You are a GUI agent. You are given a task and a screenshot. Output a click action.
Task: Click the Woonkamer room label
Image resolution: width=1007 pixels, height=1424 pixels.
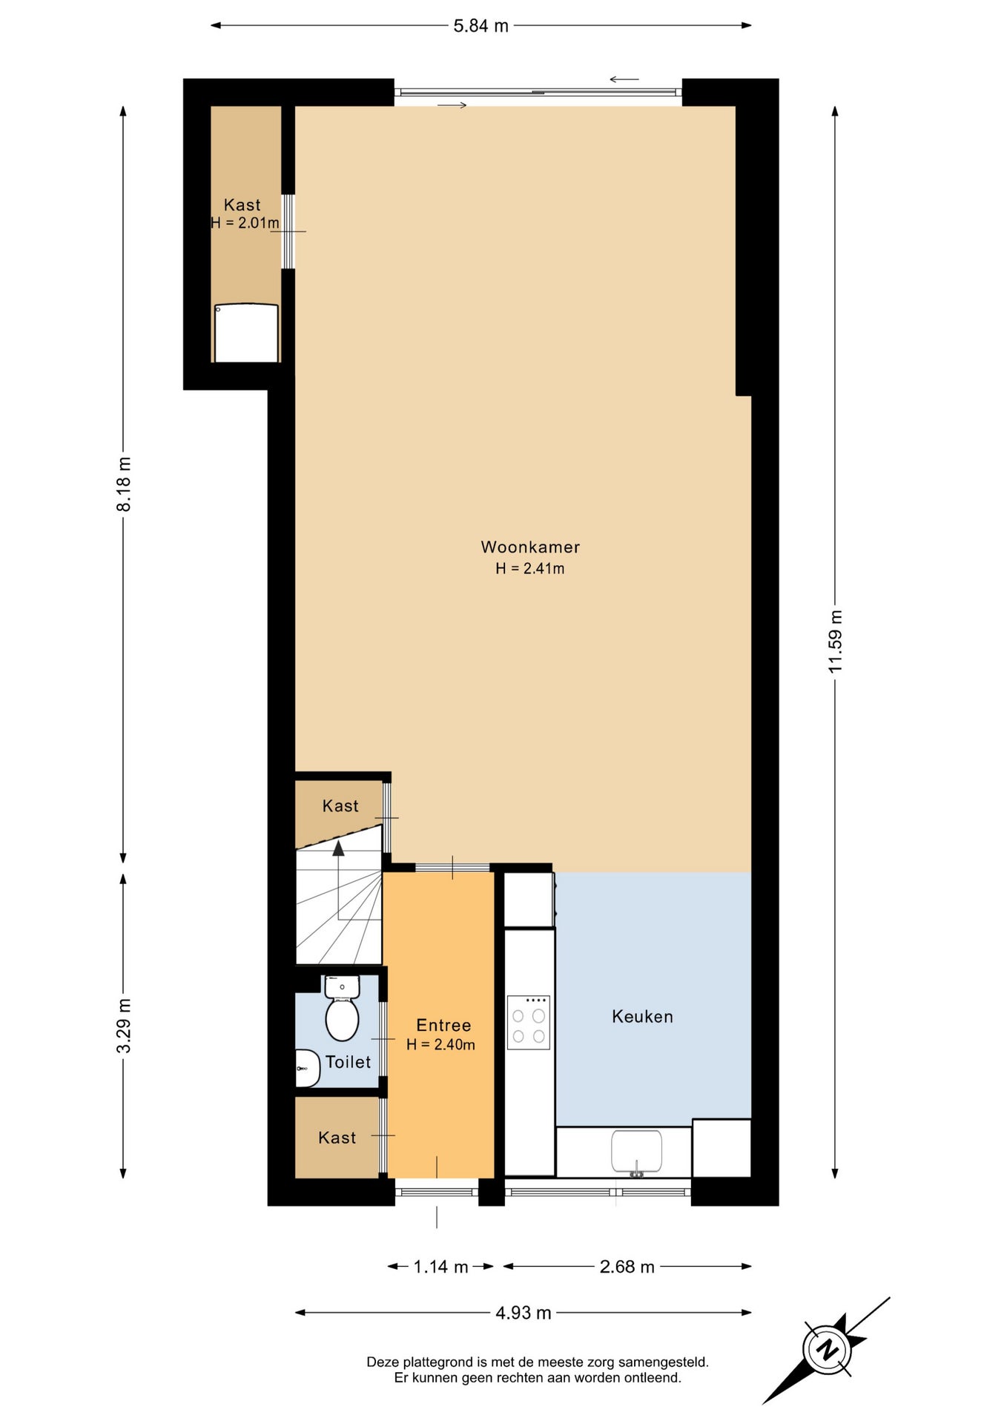pyautogui.click(x=530, y=547)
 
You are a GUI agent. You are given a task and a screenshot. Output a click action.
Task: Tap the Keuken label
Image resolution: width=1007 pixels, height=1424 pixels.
pyautogui.click(x=642, y=1016)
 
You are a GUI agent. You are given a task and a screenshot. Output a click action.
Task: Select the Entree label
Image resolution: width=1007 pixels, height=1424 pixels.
pyautogui.click(x=443, y=1025)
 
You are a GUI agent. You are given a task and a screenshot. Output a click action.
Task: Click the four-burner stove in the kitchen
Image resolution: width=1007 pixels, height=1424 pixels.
pyautogui.click(x=529, y=1022)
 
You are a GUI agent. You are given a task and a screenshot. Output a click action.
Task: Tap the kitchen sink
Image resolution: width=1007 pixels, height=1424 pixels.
pyautogui.click(x=636, y=1152)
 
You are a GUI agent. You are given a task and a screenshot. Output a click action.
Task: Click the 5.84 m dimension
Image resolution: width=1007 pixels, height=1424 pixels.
pyautogui.click(x=481, y=26)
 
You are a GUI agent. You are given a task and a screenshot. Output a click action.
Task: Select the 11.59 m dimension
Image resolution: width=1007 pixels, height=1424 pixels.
pyautogui.click(x=836, y=642)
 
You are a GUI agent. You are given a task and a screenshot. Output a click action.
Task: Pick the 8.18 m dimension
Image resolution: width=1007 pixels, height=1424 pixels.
pyautogui.click(x=124, y=484)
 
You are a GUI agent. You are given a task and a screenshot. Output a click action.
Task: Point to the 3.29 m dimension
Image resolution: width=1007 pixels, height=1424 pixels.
pyautogui.click(x=124, y=1026)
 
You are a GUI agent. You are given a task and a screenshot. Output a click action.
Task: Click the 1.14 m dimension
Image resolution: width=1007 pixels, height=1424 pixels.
pyautogui.click(x=440, y=1267)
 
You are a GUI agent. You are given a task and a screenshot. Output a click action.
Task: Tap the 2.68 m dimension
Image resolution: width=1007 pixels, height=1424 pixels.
pyautogui.click(x=627, y=1267)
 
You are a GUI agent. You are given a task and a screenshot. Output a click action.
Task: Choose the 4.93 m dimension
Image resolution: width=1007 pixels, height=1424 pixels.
pyautogui.click(x=524, y=1313)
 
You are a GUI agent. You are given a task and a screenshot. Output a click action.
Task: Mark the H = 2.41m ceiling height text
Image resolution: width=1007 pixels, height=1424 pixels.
pyautogui.click(x=530, y=568)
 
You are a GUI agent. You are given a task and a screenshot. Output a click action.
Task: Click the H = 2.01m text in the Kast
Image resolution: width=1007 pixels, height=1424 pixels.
pyautogui.click(x=245, y=222)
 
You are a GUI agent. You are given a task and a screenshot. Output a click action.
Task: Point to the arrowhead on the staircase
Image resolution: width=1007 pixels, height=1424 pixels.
pyautogui.click(x=339, y=848)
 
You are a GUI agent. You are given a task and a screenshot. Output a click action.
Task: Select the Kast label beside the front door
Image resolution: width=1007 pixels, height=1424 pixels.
pyautogui.click(x=337, y=1138)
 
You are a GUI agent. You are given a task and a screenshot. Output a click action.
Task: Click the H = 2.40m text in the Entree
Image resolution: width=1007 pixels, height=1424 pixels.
pyautogui.click(x=441, y=1044)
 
